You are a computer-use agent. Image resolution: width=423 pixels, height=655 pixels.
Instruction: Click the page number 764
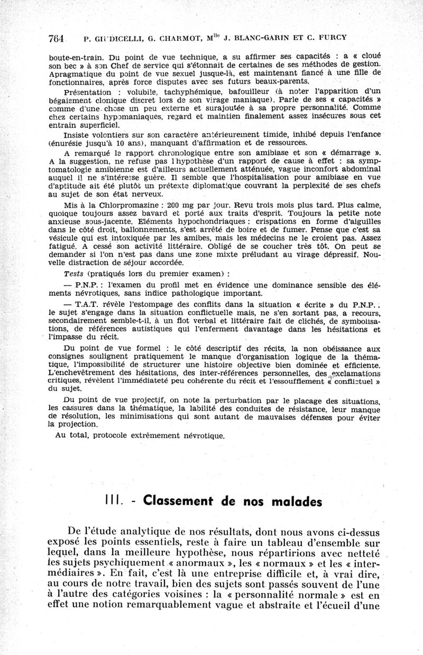tap(56, 38)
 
